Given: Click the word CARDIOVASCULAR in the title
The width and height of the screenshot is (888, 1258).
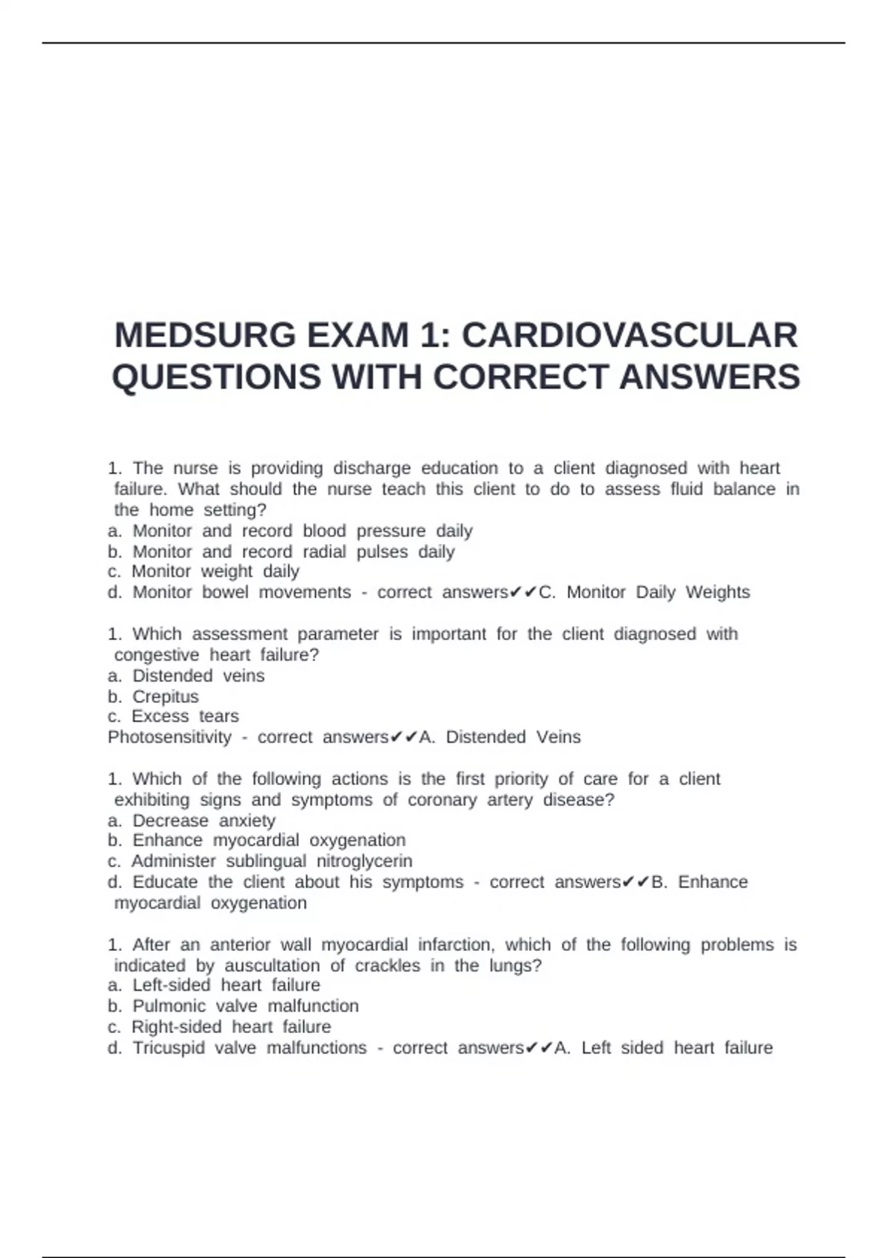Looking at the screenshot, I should (x=630, y=335).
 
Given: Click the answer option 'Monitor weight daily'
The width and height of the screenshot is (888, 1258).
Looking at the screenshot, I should (x=215, y=571).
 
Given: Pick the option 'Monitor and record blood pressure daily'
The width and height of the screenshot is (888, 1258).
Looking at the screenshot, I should (x=302, y=531).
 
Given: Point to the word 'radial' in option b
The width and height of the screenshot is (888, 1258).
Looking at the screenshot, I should (x=324, y=551).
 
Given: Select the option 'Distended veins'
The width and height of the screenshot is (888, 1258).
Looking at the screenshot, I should (x=198, y=676).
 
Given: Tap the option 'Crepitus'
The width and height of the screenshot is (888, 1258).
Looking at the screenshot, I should (x=165, y=696).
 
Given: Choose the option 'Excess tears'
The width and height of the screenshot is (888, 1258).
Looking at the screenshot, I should (x=185, y=716).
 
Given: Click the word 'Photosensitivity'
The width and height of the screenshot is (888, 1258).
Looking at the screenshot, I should (x=169, y=737).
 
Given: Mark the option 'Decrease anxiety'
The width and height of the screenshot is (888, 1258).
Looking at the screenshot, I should (x=203, y=821).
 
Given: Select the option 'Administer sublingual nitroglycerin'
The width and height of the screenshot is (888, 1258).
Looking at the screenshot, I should (x=272, y=861).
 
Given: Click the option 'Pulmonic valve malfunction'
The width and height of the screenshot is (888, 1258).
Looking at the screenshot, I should (x=245, y=1006).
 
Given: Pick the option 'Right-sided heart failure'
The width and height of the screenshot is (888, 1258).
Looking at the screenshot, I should (x=231, y=1027).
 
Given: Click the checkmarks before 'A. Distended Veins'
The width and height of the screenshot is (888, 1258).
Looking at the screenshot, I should (x=404, y=737).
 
